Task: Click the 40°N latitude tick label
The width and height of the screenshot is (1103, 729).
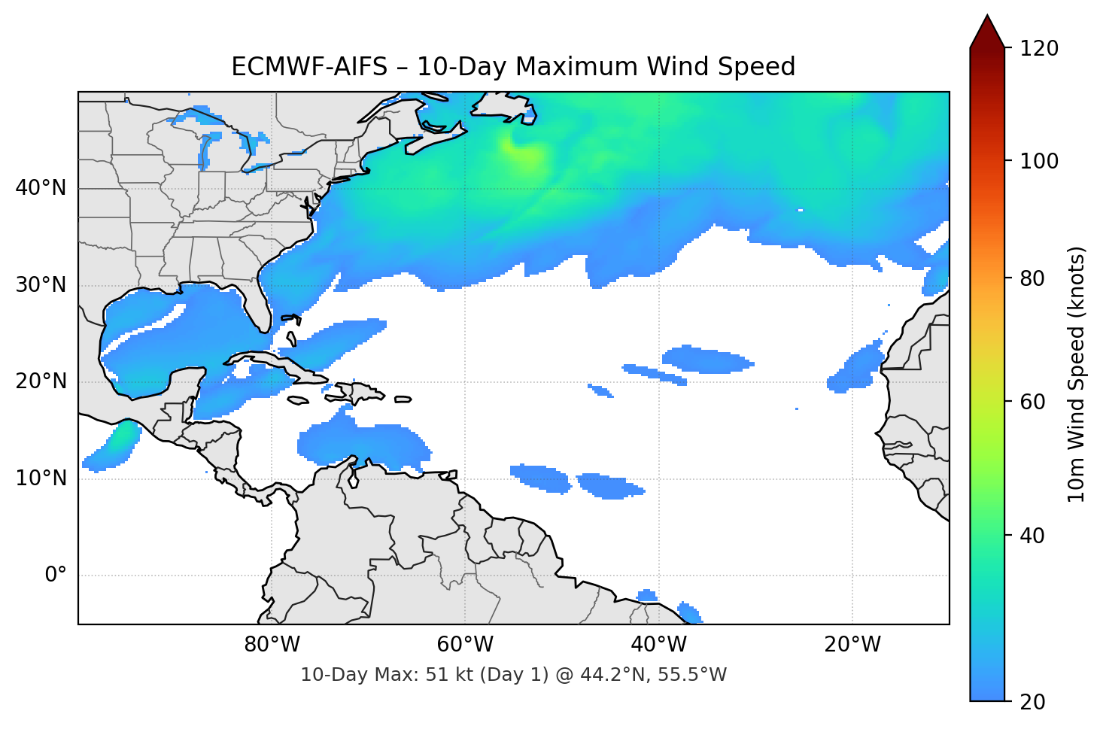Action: (41, 188)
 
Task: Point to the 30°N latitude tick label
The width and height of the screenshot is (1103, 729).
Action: (41, 285)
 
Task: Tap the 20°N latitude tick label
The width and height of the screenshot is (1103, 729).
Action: (41, 381)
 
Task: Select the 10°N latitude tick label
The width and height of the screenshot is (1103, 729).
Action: (41, 478)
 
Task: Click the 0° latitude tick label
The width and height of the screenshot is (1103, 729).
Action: (56, 576)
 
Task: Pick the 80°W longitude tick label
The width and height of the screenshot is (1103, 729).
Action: (272, 645)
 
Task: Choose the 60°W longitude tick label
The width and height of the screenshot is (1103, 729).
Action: (465, 645)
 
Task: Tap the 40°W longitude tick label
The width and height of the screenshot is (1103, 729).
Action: (658, 645)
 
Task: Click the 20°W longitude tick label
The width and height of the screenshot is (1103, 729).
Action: (852, 645)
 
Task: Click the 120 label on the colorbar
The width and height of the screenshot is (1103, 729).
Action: (1039, 48)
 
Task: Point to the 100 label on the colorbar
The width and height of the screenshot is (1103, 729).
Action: (1039, 161)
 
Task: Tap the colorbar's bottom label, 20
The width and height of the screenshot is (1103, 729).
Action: (1032, 702)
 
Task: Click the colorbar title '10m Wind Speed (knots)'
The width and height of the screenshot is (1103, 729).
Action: (1077, 375)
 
